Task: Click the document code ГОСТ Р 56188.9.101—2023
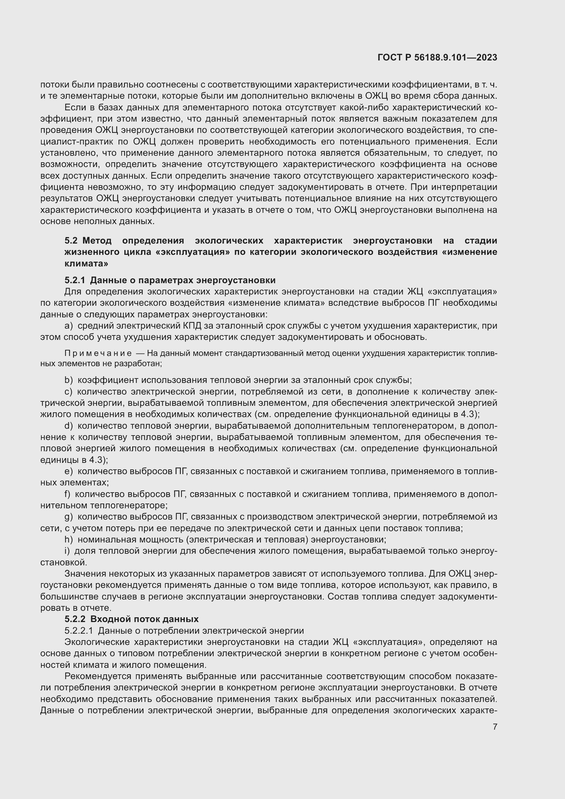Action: (x=437, y=57)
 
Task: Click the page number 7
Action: (x=495, y=727)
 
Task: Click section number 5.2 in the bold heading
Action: (x=71, y=241)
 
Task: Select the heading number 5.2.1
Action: (x=74, y=280)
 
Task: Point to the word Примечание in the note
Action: (x=98, y=354)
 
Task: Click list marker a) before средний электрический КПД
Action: (x=69, y=326)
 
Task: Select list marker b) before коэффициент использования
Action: (x=69, y=380)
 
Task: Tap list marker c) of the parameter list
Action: (x=68, y=391)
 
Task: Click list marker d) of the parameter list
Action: (x=69, y=426)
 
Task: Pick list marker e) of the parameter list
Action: (x=69, y=471)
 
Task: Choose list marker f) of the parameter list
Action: (x=68, y=494)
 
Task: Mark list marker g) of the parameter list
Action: (x=69, y=517)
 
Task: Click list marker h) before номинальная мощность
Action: (x=69, y=540)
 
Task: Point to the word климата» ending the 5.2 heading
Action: (x=86, y=263)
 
